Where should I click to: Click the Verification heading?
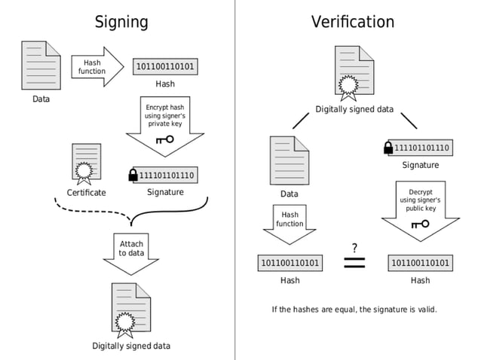tap(352, 21)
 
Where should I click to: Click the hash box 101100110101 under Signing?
tap(164, 66)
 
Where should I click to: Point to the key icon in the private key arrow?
tap(164, 139)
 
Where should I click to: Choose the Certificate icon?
tap(86, 163)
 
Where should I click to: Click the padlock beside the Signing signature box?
tap(133, 175)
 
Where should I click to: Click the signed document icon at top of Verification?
tap(354, 72)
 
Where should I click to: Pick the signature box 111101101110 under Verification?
tap(421, 148)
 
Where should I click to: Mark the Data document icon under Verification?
tap(289, 159)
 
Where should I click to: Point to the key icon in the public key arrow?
tap(420, 224)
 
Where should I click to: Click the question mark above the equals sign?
tap(354, 248)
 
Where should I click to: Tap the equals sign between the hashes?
tap(354, 263)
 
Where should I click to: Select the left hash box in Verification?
tap(290, 263)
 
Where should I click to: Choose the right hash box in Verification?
tap(420, 263)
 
